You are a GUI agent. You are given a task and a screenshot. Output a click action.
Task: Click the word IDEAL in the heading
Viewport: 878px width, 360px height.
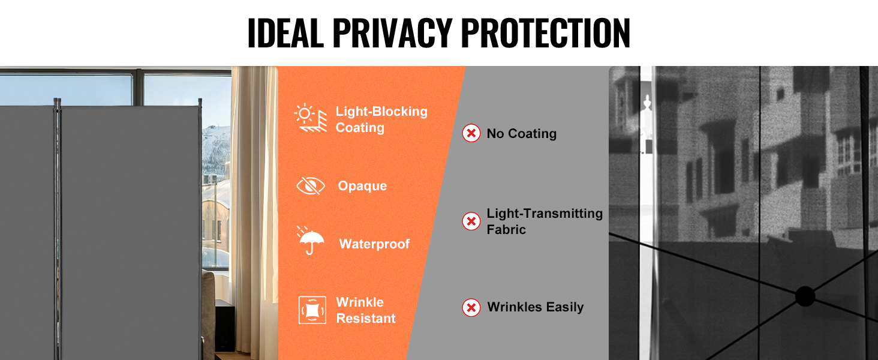[x=285, y=33]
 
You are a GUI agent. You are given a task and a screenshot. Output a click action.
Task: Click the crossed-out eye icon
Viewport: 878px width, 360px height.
[x=311, y=186]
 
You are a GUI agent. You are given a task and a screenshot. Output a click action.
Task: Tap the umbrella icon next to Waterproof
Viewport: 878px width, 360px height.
[x=311, y=241]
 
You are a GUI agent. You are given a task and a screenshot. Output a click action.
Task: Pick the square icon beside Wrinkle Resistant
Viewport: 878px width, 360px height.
[x=312, y=310]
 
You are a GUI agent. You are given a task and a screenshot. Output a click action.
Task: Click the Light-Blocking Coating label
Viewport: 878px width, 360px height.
[x=381, y=119]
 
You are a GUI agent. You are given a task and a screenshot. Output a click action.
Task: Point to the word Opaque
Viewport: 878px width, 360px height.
[x=362, y=186]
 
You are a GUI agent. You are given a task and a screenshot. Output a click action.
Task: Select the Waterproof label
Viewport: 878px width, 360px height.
[x=374, y=244]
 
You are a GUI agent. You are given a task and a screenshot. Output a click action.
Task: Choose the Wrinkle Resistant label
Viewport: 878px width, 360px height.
[x=366, y=310]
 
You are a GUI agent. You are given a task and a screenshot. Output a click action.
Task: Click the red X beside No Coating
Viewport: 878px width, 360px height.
[x=471, y=133]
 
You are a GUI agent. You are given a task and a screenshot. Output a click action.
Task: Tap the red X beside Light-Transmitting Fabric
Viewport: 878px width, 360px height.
[x=471, y=221]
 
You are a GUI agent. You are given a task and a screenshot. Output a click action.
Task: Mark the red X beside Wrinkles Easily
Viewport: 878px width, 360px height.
[x=471, y=308]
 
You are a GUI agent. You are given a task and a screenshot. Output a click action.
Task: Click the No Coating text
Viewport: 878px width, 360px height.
[x=522, y=134]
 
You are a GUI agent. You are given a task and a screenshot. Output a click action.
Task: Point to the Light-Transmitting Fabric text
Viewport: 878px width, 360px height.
[x=545, y=221]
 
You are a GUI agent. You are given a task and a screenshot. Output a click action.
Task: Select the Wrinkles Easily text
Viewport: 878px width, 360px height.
[x=536, y=307]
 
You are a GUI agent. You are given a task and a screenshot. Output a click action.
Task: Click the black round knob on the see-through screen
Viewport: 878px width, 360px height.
[x=805, y=296]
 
